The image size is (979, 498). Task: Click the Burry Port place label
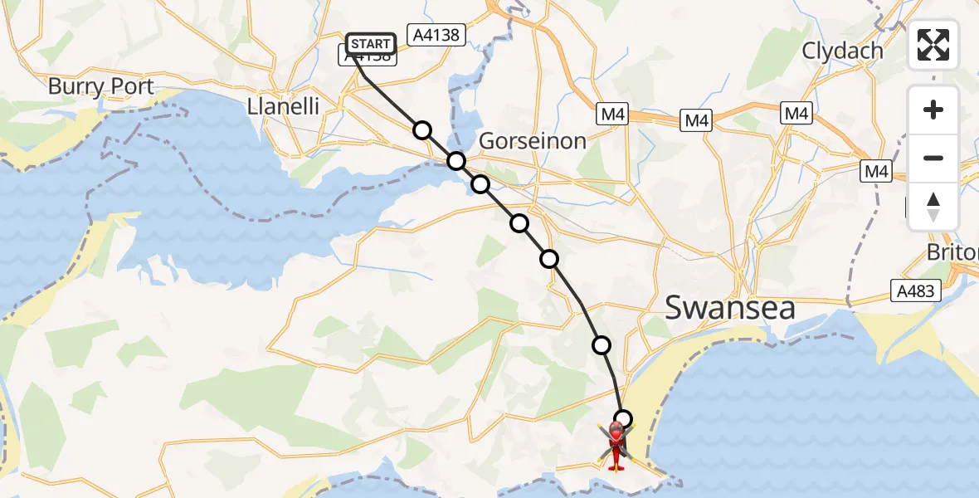tap(100, 86)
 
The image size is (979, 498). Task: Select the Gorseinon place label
tap(533, 140)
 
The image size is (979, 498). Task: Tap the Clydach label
tap(842, 51)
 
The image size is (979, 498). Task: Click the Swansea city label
tap(730, 308)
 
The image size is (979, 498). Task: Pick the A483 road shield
tap(915, 291)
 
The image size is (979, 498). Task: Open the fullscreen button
tap(933, 45)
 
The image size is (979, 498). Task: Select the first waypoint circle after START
tap(422, 130)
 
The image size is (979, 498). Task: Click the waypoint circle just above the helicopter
tap(622, 419)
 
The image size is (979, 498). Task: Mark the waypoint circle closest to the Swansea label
tap(602, 344)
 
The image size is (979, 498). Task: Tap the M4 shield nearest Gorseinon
tap(613, 115)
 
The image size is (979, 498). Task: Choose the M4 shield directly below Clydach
tap(796, 114)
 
